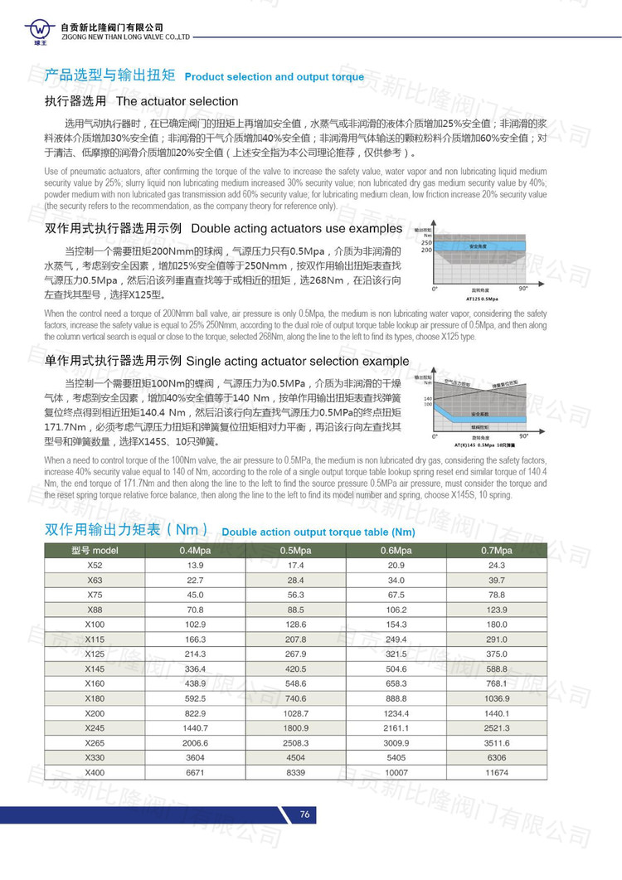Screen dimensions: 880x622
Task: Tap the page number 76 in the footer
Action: click(304, 814)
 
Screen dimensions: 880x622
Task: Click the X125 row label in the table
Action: click(95, 654)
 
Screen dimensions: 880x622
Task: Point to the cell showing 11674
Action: click(497, 772)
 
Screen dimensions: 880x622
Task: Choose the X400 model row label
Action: click(95, 772)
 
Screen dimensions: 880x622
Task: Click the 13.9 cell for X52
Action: click(195, 565)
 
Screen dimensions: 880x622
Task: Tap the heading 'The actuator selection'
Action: click(177, 102)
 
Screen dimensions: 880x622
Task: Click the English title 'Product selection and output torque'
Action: click(274, 77)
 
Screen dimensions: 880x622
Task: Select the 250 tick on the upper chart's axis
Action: click(426, 241)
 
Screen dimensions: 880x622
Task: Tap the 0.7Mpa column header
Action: click(497, 551)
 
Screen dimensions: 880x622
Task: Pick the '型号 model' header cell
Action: click(95, 551)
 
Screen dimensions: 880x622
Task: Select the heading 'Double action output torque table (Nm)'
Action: click(318, 532)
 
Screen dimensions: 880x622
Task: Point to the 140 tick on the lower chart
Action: click(428, 399)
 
